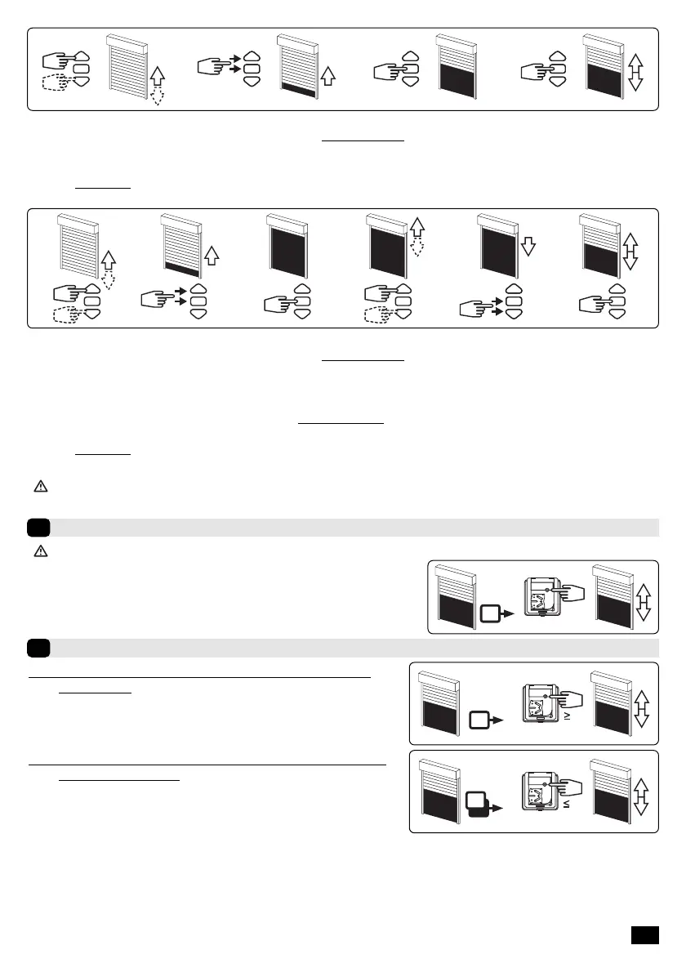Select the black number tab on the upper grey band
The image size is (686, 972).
[x=38, y=527]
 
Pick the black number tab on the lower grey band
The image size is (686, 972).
[x=38, y=648]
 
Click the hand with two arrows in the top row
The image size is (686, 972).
[x=213, y=66]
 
